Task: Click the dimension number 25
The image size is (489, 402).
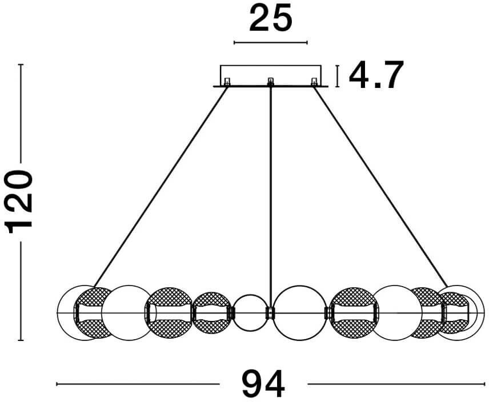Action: (270, 19)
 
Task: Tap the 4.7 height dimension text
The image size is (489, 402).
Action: (376, 75)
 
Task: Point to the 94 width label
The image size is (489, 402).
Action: (263, 383)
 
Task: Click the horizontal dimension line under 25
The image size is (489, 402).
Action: (270, 42)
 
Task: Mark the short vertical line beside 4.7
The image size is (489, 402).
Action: (338, 76)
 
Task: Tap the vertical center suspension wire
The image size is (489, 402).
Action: (270, 194)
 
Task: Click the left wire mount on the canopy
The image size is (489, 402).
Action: (227, 82)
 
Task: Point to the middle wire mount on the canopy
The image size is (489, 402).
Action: (270, 82)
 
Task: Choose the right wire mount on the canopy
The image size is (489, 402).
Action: (314, 82)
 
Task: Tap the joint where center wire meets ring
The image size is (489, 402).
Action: (270, 312)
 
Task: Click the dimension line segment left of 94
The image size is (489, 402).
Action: (137, 384)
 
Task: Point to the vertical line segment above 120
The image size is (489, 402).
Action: (21, 114)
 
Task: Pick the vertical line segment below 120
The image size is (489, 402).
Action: (21, 291)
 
